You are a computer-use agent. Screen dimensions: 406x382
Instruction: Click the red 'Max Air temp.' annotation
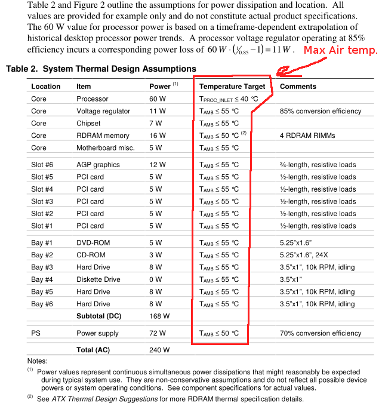tap(340, 50)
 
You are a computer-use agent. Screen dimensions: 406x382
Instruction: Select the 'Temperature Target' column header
tap(232, 87)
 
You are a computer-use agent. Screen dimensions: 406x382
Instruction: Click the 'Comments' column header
tap(298, 87)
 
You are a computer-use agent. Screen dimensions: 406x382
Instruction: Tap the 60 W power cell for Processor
tap(158, 99)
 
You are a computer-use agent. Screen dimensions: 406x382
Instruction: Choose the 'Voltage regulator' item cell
tap(103, 111)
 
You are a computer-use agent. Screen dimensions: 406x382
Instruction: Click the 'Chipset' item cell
tap(89, 123)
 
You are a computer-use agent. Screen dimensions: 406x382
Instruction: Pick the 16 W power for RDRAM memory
tap(158, 136)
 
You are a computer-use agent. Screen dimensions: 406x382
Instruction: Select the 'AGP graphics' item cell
tap(98, 164)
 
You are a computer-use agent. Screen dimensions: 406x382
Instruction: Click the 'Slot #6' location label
tap(42, 164)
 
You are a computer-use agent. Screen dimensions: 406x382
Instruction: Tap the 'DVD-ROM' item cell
tap(94, 242)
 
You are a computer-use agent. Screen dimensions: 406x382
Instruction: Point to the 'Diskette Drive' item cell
tap(98, 279)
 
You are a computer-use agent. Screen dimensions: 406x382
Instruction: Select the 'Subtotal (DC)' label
tap(99, 316)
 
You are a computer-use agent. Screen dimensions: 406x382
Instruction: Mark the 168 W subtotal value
tap(159, 316)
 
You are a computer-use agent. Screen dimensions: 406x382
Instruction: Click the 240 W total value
tap(159, 350)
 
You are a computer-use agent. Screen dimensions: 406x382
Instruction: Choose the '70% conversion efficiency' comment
tap(321, 333)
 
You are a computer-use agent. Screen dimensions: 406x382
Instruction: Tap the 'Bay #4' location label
tap(42, 279)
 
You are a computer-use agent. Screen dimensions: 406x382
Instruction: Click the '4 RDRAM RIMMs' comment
tap(308, 136)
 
